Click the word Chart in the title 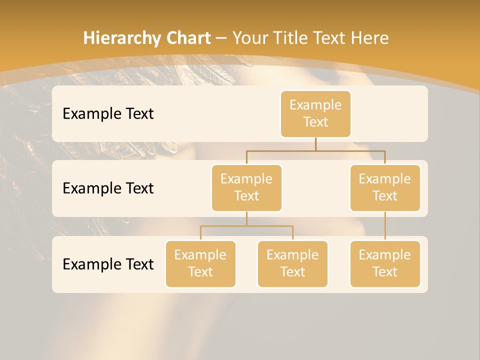[x=188, y=38]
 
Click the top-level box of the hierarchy [x=315, y=113]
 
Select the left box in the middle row [x=246, y=187]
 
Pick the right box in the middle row [x=385, y=187]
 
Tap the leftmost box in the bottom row [x=200, y=263]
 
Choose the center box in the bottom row [x=292, y=263]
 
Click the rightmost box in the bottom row [x=385, y=263]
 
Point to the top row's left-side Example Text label [x=108, y=113]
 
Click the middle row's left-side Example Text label [x=108, y=188]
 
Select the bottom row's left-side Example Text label [x=108, y=264]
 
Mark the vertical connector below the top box [x=315, y=144]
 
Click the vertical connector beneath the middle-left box [x=246, y=218]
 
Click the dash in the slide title [x=221, y=38]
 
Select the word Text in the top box [x=315, y=122]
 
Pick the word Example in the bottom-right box [x=385, y=255]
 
